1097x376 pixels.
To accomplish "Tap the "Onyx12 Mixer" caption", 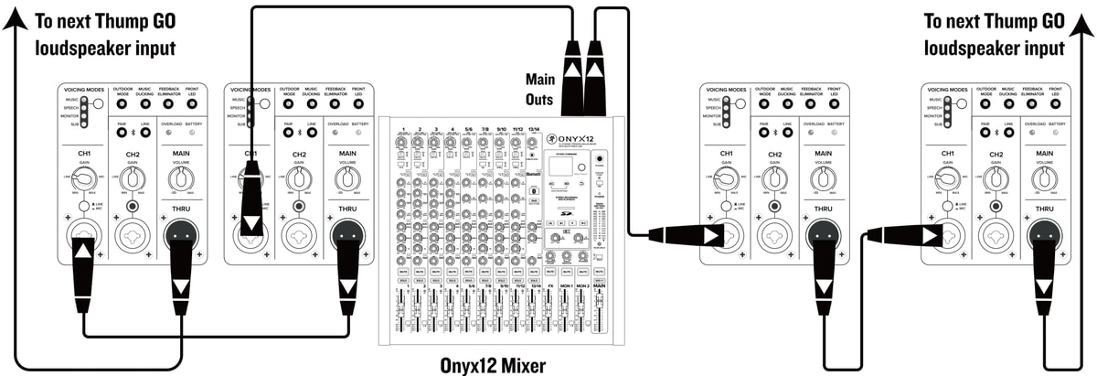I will coord(493,364).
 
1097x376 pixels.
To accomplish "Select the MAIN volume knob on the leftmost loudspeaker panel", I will coord(181,175).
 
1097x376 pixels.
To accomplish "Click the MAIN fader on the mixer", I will coord(600,316).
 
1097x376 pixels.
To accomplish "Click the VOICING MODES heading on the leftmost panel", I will coord(86,88).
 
